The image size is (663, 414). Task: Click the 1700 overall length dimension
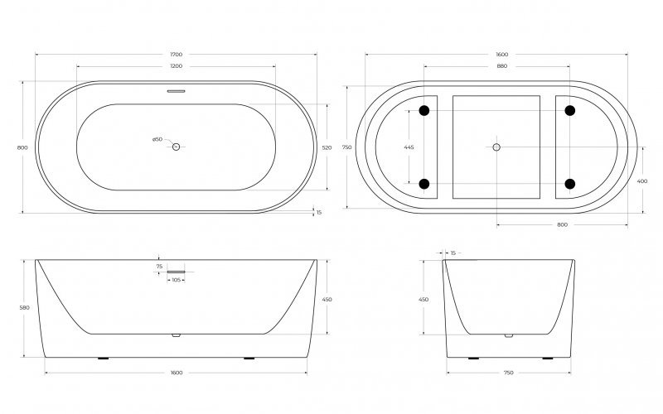(x=176, y=55)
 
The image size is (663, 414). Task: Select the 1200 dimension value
(x=176, y=65)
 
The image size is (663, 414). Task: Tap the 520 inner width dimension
(x=327, y=147)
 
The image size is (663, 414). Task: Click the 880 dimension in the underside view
(x=502, y=65)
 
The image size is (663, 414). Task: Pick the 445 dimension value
(x=409, y=147)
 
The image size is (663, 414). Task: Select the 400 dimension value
(x=643, y=182)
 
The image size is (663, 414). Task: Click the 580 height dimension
(x=24, y=308)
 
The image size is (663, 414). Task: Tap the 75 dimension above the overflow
(x=158, y=266)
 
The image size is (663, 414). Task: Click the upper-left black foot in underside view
(x=425, y=110)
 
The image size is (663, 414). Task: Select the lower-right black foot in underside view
(x=570, y=184)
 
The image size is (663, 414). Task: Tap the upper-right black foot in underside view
(x=570, y=110)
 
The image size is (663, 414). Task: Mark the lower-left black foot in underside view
(x=425, y=184)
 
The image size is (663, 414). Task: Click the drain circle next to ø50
(x=176, y=147)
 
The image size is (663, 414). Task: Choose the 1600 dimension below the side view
(x=176, y=373)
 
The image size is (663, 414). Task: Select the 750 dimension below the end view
(x=508, y=373)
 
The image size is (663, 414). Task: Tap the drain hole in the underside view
(x=496, y=147)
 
